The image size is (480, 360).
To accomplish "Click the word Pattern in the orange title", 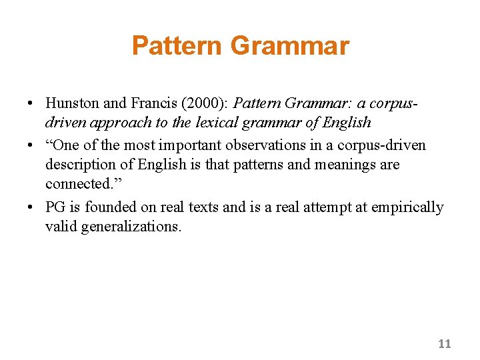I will (x=177, y=46).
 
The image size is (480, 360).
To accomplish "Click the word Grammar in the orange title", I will (x=289, y=46).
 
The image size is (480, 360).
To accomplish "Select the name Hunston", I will (x=71, y=103).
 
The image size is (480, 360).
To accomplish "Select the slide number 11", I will (x=445, y=344).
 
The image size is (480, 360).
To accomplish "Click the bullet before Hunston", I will (x=31, y=104).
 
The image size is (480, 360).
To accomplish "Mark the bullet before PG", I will (x=31, y=208).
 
